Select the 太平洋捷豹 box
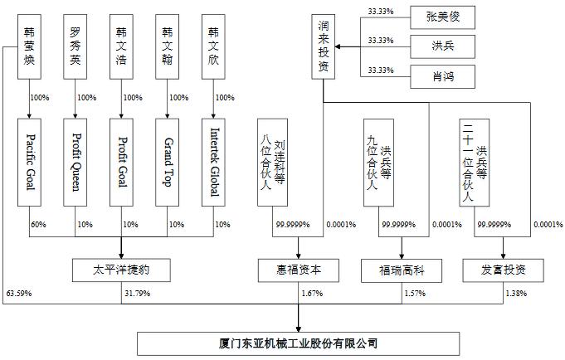pyautogui.click(x=121, y=269)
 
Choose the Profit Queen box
pyautogui.click(x=75, y=163)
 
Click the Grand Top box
pyautogui.click(x=168, y=163)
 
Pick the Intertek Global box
pyautogui.click(x=215, y=163)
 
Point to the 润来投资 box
pyautogui.click(x=324, y=48)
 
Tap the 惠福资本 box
pyautogui.click(x=299, y=269)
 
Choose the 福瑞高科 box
pyautogui.click(x=402, y=269)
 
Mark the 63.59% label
pyautogui.click(x=18, y=293)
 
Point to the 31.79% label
pyautogui.click(x=136, y=293)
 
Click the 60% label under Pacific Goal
pyautogui.click(x=38, y=225)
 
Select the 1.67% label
pyautogui.click(x=312, y=293)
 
